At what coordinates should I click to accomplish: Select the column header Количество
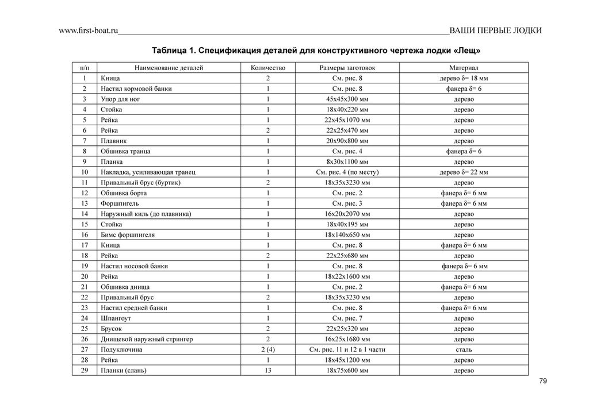pyautogui.click(x=268, y=68)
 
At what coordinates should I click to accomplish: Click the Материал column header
pyautogui.click(x=464, y=68)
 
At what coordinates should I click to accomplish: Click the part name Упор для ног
pyautogui.click(x=120, y=99)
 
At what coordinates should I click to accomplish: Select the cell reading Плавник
pyautogui.click(x=114, y=141)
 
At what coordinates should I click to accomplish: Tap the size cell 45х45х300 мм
pyautogui.click(x=347, y=99)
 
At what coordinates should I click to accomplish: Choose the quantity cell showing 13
pyautogui.click(x=268, y=371)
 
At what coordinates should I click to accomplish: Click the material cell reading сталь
pyautogui.click(x=464, y=349)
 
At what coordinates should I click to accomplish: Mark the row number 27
pyautogui.click(x=85, y=349)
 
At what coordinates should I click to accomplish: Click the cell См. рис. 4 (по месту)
pyautogui.click(x=347, y=172)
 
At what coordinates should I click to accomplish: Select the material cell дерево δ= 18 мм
pyautogui.click(x=464, y=78)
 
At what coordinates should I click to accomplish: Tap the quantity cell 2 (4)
pyautogui.click(x=268, y=349)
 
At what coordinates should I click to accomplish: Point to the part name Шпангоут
pyautogui.click(x=117, y=318)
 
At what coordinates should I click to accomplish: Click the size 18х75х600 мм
pyautogui.click(x=347, y=371)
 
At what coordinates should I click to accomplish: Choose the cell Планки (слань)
pyautogui.click(x=123, y=371)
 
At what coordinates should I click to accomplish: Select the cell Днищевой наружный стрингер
pyautogui.click(x=147, y=339)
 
